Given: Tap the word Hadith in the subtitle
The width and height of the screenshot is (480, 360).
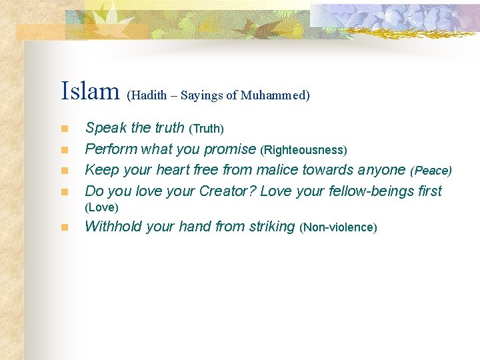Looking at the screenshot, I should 149,95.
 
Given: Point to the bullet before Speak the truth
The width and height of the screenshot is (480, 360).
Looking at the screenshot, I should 64,128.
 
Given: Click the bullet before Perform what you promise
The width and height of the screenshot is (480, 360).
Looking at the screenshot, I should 64,149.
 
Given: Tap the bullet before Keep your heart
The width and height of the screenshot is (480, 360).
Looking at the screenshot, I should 64,171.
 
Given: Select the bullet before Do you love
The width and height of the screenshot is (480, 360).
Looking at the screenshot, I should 64,192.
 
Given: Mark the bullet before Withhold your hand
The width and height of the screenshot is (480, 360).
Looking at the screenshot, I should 64,227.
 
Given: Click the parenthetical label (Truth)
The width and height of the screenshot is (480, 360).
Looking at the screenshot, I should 207,128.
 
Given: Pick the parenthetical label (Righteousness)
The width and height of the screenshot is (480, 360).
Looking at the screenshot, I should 303,150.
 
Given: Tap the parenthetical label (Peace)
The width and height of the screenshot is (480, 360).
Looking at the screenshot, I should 431,171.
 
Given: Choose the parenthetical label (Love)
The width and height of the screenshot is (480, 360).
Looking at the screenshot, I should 101,207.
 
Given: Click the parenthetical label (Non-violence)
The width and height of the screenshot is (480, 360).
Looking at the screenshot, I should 339,228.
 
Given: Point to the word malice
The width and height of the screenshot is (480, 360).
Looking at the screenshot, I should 277,170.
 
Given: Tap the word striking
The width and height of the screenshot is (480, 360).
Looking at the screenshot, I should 271,227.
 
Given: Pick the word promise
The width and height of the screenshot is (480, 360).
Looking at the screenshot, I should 231,149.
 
